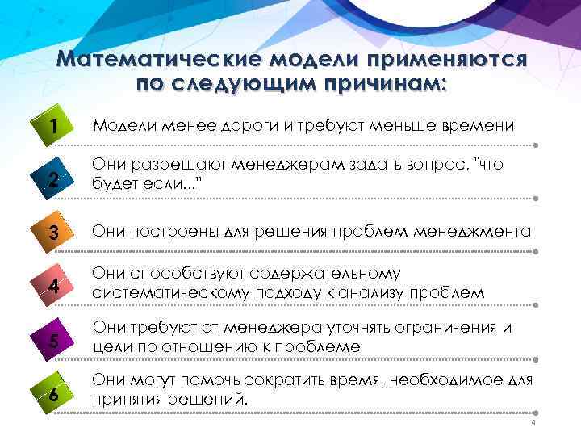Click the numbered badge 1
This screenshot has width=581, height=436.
pyautogui.click(x=52, y=127)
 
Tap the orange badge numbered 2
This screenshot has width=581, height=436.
pyautogui.click(x=52, y=180)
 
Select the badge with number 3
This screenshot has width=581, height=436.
pyautogui.click(x=52, y=233)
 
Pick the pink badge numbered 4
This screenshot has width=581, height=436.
pyautogui.click(x=52, y=287)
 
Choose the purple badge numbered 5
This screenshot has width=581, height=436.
pyautogui.click(x=52, y=341)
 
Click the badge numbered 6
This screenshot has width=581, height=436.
pyautogui.click(x=52, y=395)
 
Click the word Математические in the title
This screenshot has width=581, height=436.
pyautogui.click(x=161, y=61)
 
